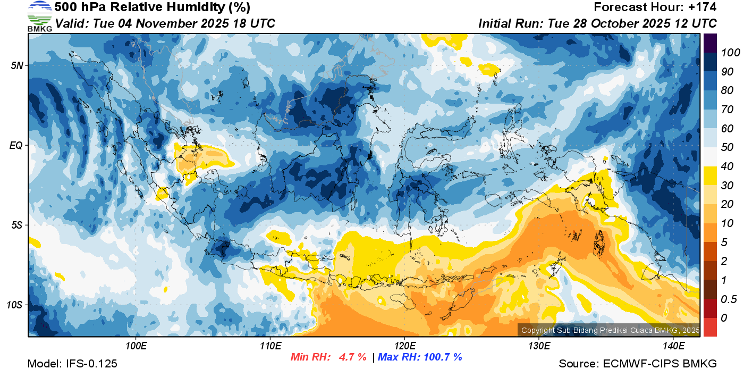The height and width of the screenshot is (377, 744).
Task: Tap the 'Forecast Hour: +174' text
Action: [x=655, y=7]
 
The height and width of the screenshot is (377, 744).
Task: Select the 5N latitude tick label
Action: [x=17, y=65]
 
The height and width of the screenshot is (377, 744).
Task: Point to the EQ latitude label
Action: [x=17, y=145]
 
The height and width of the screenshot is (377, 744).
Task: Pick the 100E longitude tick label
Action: [x=136, y=346]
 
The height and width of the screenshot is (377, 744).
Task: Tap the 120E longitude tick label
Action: [x=404, y=346]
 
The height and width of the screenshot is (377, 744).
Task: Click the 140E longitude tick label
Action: [x=673, y=346]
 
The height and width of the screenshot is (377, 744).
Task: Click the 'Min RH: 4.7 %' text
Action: [x=328, y=357]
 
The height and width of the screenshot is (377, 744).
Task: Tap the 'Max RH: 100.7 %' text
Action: [x=420, y=357]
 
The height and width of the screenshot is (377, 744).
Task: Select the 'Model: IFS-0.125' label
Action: [x=72, y=364]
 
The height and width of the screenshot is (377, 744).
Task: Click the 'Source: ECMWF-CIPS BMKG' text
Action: [x=638, y=364]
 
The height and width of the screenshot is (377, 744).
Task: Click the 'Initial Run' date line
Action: [x=597, y=23]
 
